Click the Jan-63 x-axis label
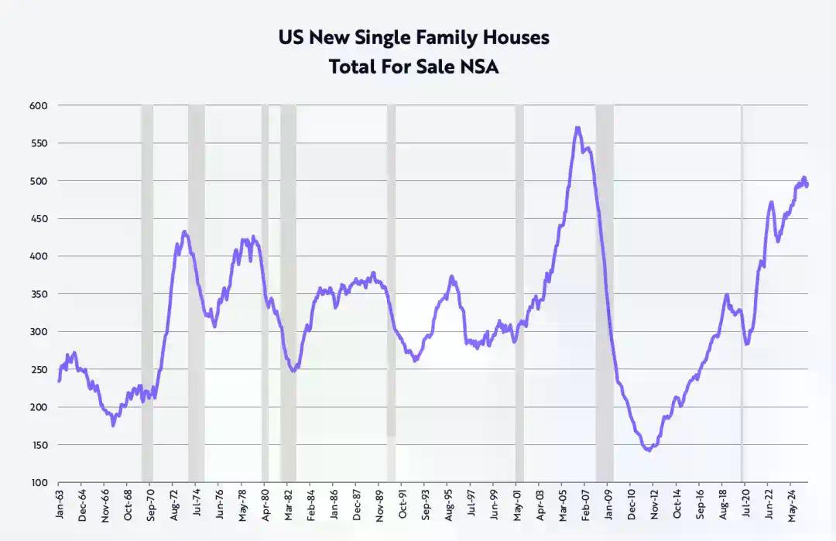click(60, 502)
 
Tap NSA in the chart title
click(479, 67)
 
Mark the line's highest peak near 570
click(577, 128)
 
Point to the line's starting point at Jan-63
click(60, 380)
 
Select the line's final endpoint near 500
click(807, 186)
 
